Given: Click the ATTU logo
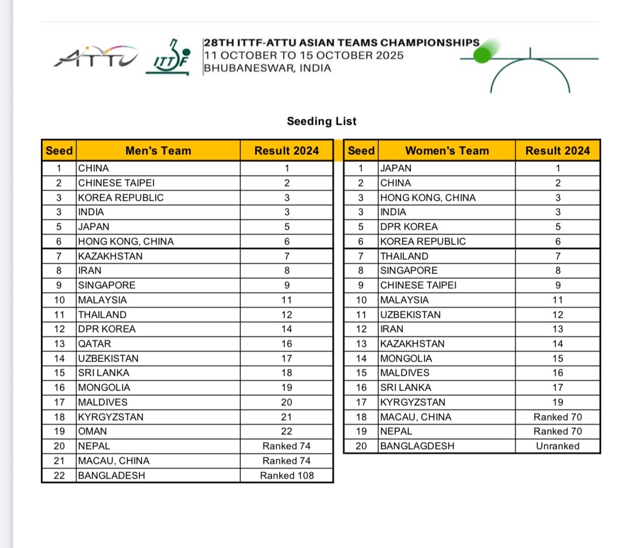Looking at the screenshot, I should (96, 57).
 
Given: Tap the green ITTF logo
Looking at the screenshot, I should (169, 59).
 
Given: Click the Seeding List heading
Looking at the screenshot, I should (321, 121).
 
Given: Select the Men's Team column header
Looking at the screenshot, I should (158, 151).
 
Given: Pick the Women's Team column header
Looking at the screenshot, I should (446, 151).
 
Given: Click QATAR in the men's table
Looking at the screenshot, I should (95, 343).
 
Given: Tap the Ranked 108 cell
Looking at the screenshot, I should (287, 475).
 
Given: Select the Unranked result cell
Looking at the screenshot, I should (557, 446).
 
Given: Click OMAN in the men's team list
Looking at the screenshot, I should (92, 431).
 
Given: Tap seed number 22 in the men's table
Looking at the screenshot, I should (59, 475).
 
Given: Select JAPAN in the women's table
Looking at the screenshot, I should (396, 168).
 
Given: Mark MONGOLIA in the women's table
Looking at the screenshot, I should (406, 358).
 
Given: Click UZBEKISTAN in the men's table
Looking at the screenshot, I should (108, 358).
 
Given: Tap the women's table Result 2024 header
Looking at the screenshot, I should (557, 151).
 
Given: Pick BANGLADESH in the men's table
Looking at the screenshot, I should (111, 475).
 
